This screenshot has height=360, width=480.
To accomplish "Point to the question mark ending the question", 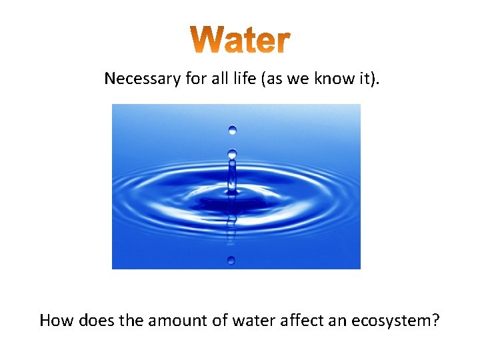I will click(x=435, y=321).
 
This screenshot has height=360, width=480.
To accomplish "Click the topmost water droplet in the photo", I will click(x=232, y=129).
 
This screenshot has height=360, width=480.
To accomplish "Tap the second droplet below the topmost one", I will click(x=232, y=154).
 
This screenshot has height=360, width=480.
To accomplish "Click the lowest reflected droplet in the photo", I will click(x=231, y=259).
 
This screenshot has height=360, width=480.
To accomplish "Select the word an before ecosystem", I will click(x=341, y=321).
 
